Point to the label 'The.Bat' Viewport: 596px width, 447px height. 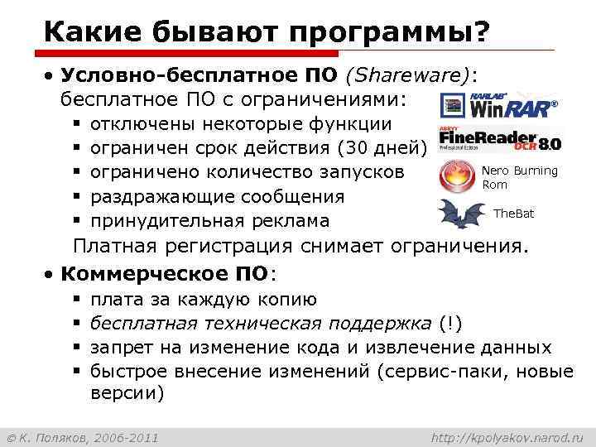click(x=513, y=214)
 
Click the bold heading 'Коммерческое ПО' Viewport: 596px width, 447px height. click(x=166, y=273)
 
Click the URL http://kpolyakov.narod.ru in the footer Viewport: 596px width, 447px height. click(x=508, y=436)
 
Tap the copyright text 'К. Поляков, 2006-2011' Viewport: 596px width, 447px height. click(x=83, y=436)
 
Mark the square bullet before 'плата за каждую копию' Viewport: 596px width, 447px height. click(x=75, y=299)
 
